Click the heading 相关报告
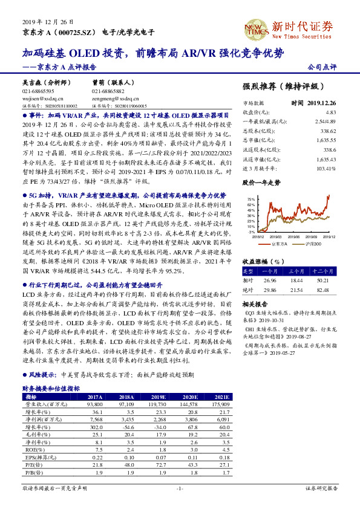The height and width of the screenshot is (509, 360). (x=254, y=304)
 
